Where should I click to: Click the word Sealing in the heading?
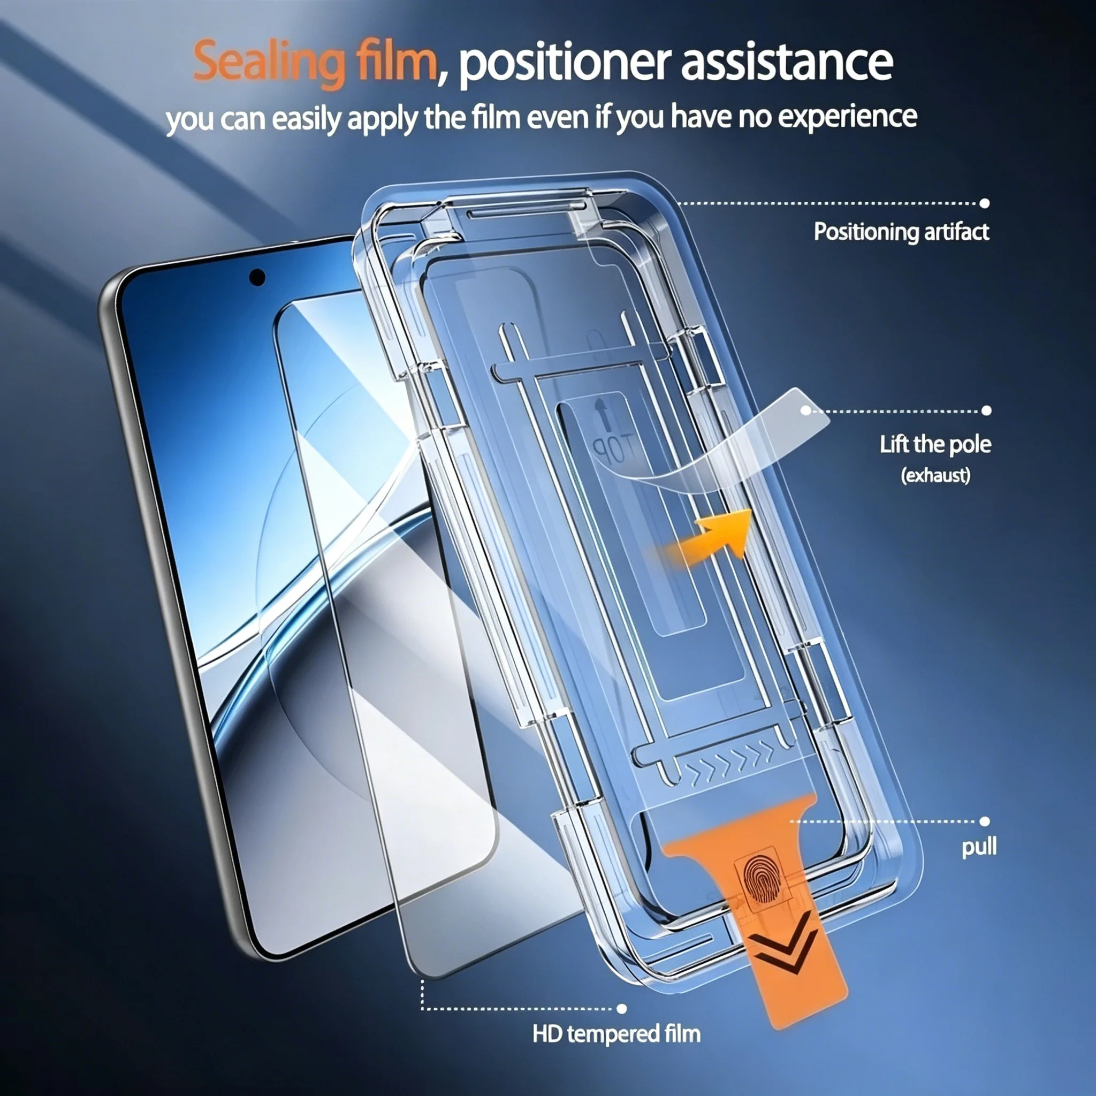(268, 63)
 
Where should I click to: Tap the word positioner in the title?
(565, 64)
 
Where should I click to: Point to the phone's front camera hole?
(257, 277)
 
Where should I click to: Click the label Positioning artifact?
(901, 232)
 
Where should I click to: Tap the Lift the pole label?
(935, 444)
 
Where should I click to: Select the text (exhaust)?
(935, 475)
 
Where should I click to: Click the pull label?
(979, 848)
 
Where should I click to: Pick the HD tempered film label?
(616, 1033)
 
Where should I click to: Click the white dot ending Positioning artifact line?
(985, 203)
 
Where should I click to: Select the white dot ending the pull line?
(985, 821)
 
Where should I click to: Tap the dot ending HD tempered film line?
(622, 1009)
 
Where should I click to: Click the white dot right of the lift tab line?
(986, 410)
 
